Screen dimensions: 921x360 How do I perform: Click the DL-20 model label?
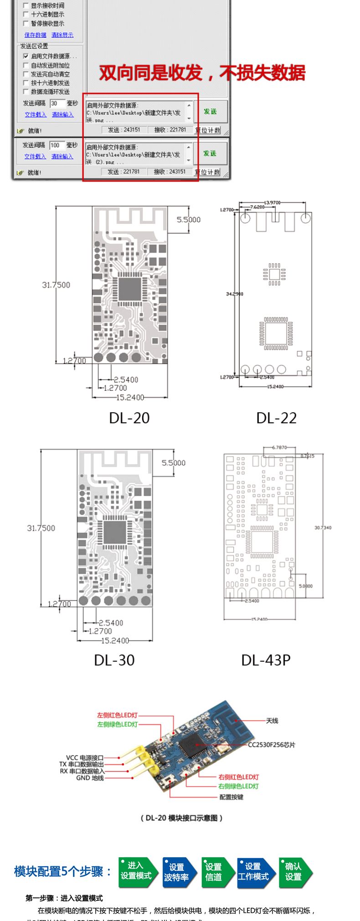point(129,418)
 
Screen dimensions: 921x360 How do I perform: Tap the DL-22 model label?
point(276,418)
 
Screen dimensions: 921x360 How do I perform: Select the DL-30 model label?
point(114,660)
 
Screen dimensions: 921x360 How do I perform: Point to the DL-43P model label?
point(266,660)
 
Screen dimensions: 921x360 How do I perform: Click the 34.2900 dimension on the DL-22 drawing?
point(235,294)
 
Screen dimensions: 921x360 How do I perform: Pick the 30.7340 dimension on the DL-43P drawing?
point(323,528)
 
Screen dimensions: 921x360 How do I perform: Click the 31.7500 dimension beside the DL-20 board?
point(56,285)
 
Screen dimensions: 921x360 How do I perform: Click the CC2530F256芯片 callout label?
point(272,745)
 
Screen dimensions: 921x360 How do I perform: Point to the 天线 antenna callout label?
point(272,720)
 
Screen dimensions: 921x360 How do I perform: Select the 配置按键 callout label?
point(231,797)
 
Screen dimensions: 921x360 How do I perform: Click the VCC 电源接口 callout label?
point(85,758)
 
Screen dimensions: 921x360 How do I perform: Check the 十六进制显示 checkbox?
point(26,15)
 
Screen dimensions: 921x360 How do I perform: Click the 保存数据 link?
point(35,35)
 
